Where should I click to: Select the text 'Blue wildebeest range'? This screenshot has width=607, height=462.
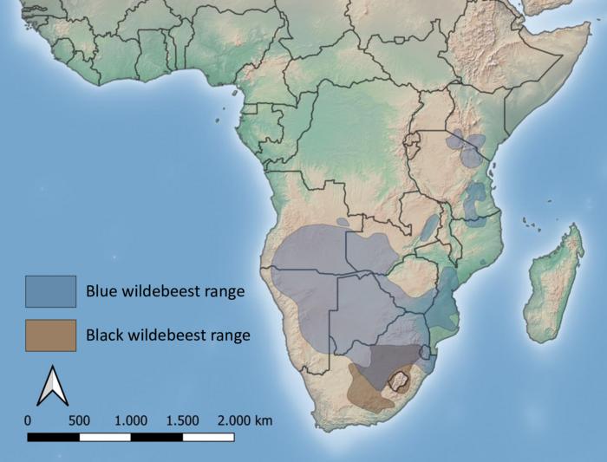point(165,291)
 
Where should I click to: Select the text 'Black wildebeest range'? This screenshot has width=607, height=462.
point(168,335)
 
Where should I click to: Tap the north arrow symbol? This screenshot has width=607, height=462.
point(52,386)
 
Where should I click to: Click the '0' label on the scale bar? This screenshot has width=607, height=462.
point(29,420)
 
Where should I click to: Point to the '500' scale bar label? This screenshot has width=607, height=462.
point(79,420)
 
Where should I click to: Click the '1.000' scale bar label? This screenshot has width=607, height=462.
point(131,420)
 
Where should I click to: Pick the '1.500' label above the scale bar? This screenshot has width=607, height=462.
point(182,420)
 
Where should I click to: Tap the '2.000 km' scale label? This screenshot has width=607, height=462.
point(245,420)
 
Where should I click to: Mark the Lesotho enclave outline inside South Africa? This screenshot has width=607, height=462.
point(399,380)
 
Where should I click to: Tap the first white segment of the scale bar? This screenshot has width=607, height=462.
point(105,437)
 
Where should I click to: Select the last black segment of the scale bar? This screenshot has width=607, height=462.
point(208,437)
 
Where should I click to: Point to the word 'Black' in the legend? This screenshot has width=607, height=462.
point(103,335)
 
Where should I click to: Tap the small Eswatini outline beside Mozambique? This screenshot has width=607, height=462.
point(425,353)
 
